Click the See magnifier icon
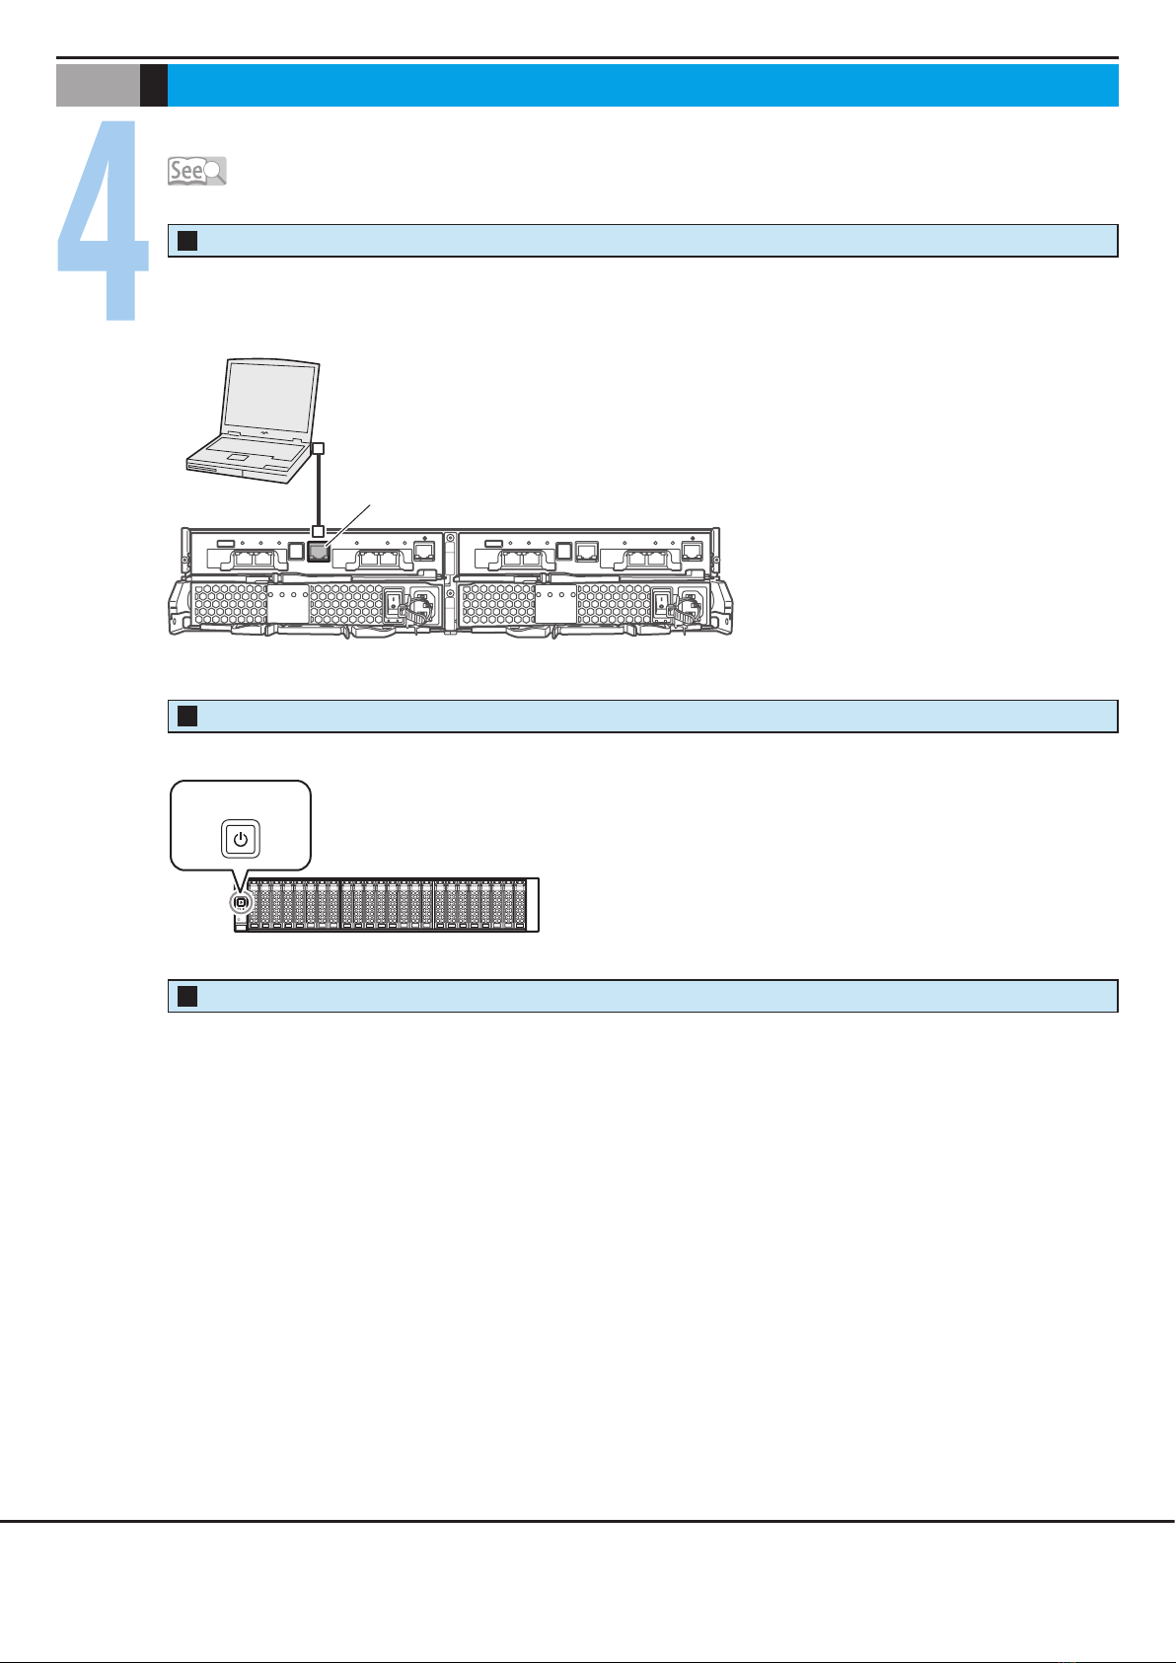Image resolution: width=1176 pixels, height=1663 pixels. [196, 171]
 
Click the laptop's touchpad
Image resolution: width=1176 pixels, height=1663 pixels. [238, 458]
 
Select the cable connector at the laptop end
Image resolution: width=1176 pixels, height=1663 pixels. [318, 449]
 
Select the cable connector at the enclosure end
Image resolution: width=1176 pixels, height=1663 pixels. [318, 532]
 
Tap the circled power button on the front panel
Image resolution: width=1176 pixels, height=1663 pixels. [240, 902]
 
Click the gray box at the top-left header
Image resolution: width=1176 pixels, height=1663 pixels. [98, 86]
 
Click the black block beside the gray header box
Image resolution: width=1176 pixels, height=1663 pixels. [153, 86]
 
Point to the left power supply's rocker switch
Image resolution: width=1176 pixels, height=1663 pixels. [393, 604]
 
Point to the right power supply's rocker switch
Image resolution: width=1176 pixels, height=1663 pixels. [662, 604]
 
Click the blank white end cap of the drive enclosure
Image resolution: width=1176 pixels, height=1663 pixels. [532, 904]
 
